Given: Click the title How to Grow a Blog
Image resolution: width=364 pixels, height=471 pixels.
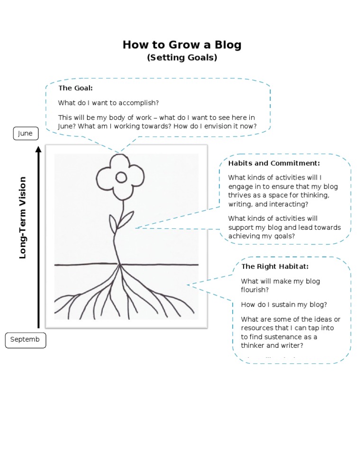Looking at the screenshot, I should [182, 45].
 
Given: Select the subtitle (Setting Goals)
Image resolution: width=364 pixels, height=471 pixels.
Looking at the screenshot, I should [182, 58].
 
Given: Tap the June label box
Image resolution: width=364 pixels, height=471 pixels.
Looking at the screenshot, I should [25, 134].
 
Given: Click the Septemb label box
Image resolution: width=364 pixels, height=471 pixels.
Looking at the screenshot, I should [26, 340].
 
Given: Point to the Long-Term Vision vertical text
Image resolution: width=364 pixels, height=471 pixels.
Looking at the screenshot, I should [23, 217].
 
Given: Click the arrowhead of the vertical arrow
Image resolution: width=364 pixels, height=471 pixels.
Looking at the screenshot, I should [38, 150].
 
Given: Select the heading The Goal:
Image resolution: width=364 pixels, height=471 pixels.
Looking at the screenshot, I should [75, 88].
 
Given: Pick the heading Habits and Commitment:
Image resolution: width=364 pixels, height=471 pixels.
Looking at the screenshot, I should [274, 163].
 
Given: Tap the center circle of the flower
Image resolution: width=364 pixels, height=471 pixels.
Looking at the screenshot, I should [121, 177].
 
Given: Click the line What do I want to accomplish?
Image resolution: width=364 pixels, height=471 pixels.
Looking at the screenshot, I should [109, 103].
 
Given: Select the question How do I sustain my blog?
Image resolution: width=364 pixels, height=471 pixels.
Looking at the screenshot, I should [284, 305].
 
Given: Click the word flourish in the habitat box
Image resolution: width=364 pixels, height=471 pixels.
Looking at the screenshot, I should [255, 290].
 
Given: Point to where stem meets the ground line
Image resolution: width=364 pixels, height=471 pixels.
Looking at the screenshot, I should [119, 264].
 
